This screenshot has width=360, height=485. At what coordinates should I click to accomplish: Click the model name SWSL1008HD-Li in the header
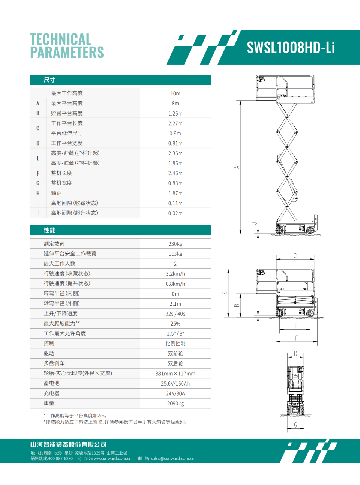pos(291,48)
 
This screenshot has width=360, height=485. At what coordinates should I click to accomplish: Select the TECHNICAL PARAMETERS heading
pos(67,46)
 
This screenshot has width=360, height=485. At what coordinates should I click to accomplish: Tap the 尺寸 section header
pos(49,80)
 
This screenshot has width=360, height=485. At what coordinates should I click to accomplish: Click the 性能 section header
pos(49,230)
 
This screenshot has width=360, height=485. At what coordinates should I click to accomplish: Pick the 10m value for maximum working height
pos(175,93)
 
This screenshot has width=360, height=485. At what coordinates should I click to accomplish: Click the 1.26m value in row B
pos(175,113)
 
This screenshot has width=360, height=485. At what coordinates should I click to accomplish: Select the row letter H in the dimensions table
pos(37,193)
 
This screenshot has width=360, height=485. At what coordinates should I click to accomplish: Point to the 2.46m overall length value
pos(175,173)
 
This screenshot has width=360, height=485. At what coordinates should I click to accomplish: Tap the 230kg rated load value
pos(175,244)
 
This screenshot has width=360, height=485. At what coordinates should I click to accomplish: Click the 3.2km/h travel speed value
pos(175,274)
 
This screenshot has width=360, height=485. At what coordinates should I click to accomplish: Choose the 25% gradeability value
pos(175,324)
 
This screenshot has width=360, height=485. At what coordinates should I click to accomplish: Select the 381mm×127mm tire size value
pos(175,374)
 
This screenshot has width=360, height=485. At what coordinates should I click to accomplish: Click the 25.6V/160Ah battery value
pos(175,384)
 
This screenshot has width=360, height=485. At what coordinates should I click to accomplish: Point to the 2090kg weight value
pos(175,404)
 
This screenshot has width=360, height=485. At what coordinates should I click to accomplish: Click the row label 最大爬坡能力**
pos(61,323)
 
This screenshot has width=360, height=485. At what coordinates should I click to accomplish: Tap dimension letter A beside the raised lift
pos(237,167)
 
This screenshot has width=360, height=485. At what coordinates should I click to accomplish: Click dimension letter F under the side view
pos(296,338)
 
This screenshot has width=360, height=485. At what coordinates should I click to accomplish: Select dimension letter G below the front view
pos(295,425)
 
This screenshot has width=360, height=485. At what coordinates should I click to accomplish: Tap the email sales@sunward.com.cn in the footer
pos(172,458)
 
